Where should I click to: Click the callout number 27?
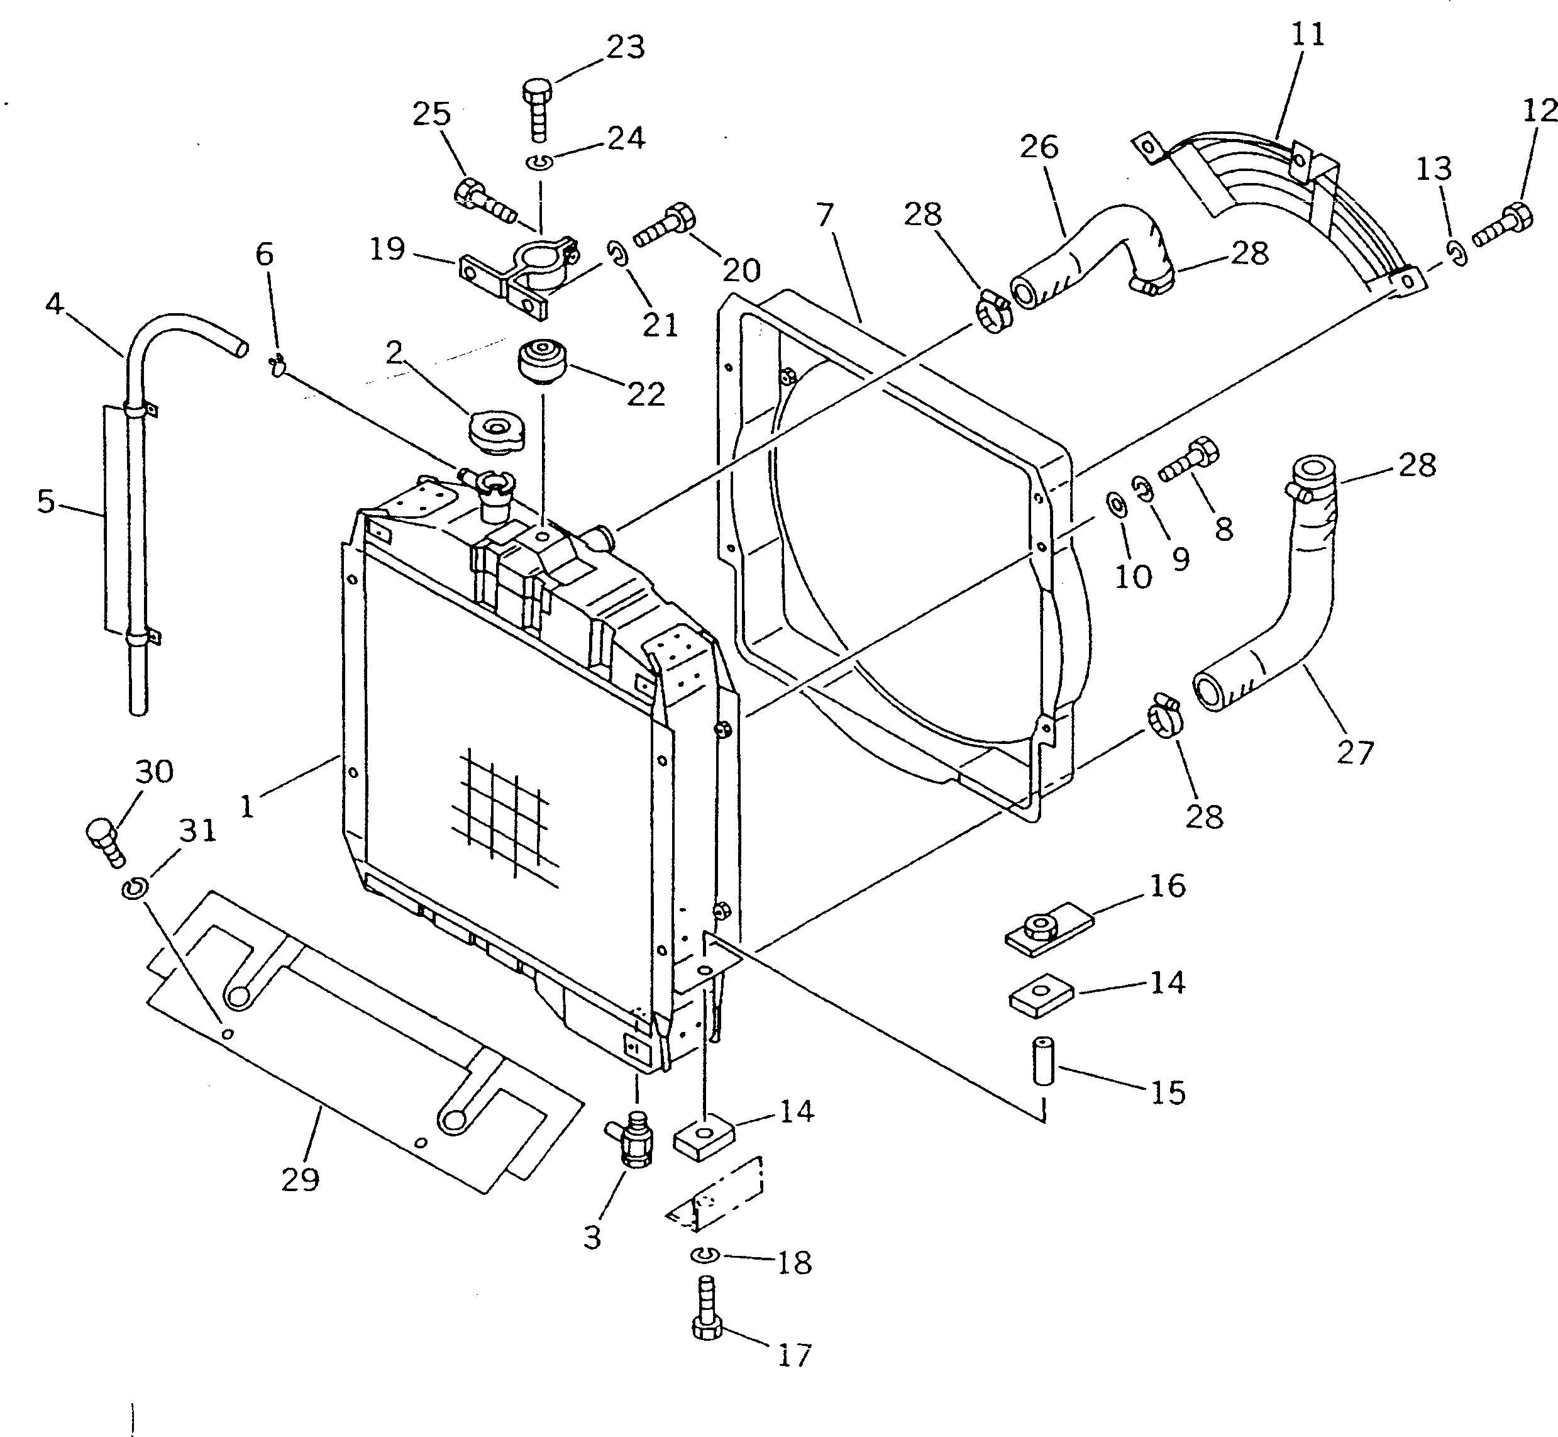tap(1355, 753)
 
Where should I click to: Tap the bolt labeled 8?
tap(1190, 462)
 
